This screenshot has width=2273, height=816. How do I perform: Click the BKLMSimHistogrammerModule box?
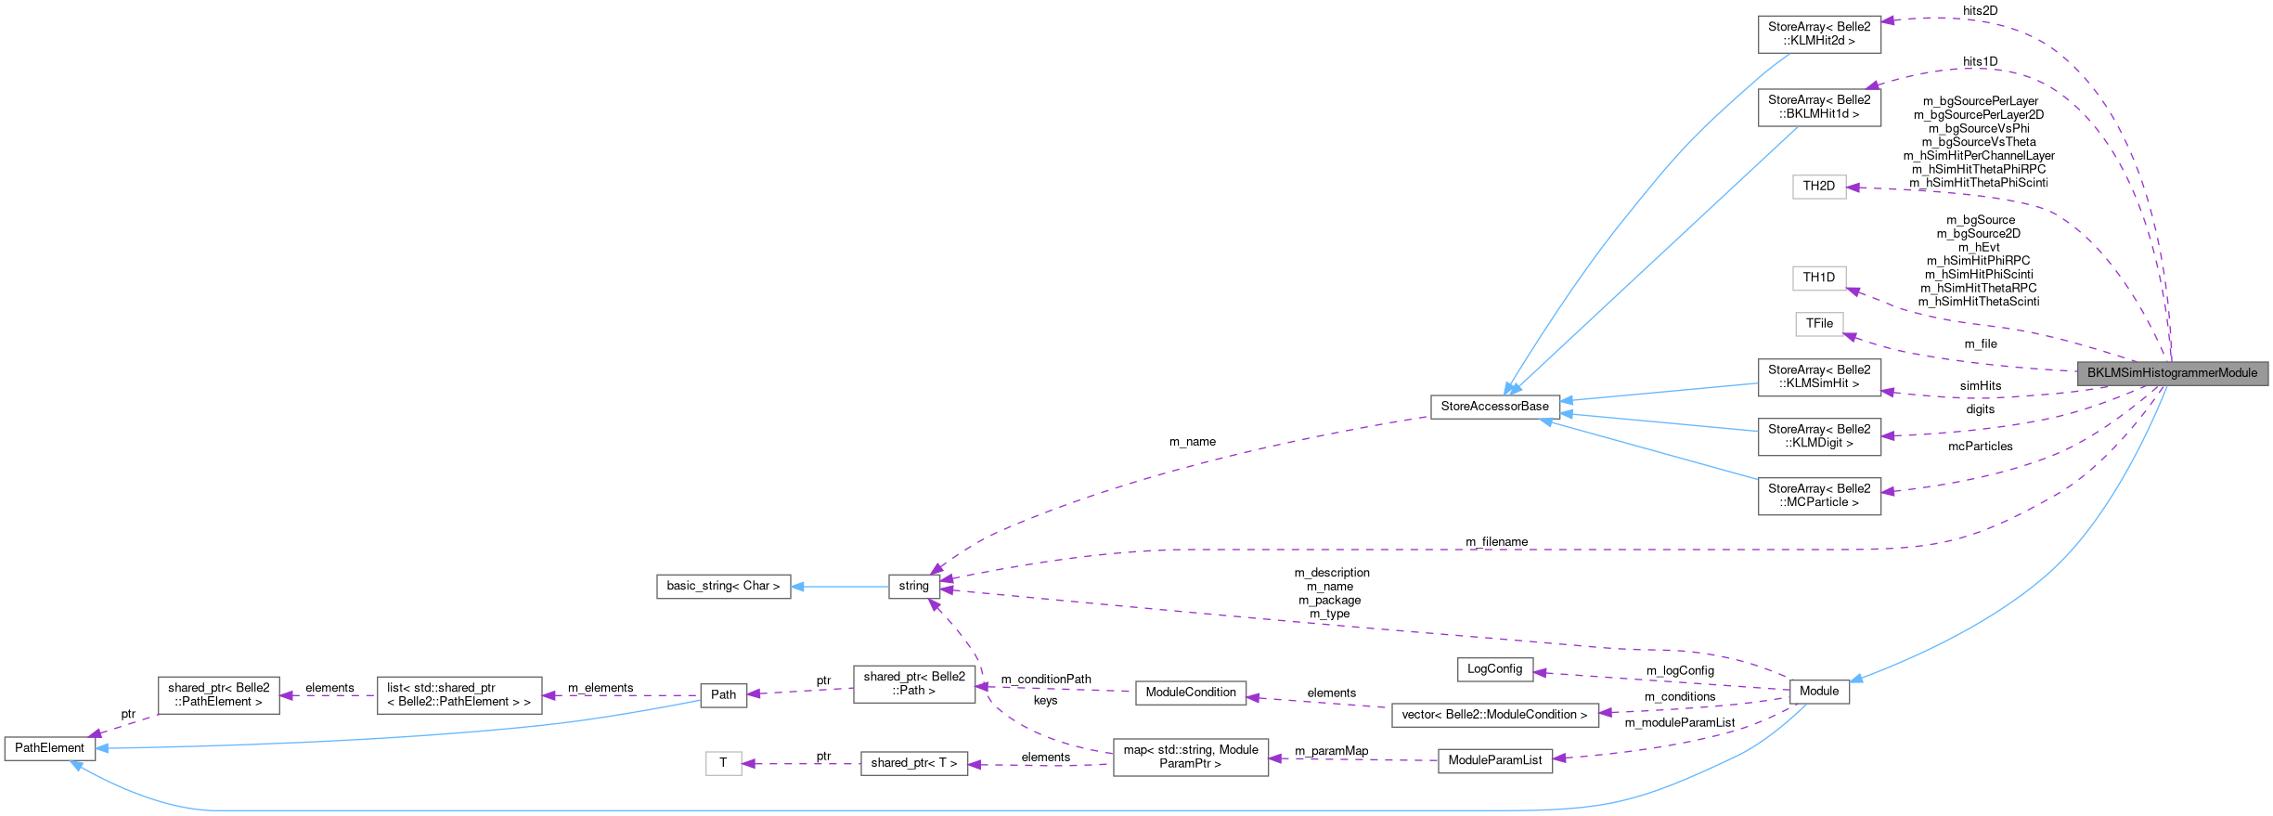click(2172, 373)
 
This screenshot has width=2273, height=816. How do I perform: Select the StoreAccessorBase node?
click(1494, 407)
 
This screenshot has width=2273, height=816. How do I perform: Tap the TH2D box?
click(1818, 187)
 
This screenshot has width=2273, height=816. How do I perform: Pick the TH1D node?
click(1818, 278)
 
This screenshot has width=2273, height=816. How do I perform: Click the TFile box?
click(1819, 324)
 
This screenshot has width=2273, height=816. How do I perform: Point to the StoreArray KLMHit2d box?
click(1819, 34)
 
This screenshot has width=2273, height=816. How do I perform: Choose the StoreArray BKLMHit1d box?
click(1819, 107)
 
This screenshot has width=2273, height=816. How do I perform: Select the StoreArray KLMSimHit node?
click(1819, 377)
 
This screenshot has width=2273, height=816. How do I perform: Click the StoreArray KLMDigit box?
click(1819, 436)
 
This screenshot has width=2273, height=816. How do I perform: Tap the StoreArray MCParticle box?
click(1819, 496)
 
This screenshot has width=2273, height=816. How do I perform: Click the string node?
click(913, 587)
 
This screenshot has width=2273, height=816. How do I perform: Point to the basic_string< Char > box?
click(723, 587)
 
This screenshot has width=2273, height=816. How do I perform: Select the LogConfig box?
click(1494, 669)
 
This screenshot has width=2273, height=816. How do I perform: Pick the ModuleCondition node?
click(1191, 693)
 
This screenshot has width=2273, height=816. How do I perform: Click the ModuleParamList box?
click(1494, 760)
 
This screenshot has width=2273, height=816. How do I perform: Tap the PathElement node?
click(49, 748)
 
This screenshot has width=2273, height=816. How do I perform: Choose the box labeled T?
click(723, 763)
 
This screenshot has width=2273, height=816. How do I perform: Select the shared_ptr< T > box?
click(913, 763)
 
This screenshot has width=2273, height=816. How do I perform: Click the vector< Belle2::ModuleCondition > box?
click(1494, 715)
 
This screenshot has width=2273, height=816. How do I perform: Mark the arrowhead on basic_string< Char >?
click(797, 587)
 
